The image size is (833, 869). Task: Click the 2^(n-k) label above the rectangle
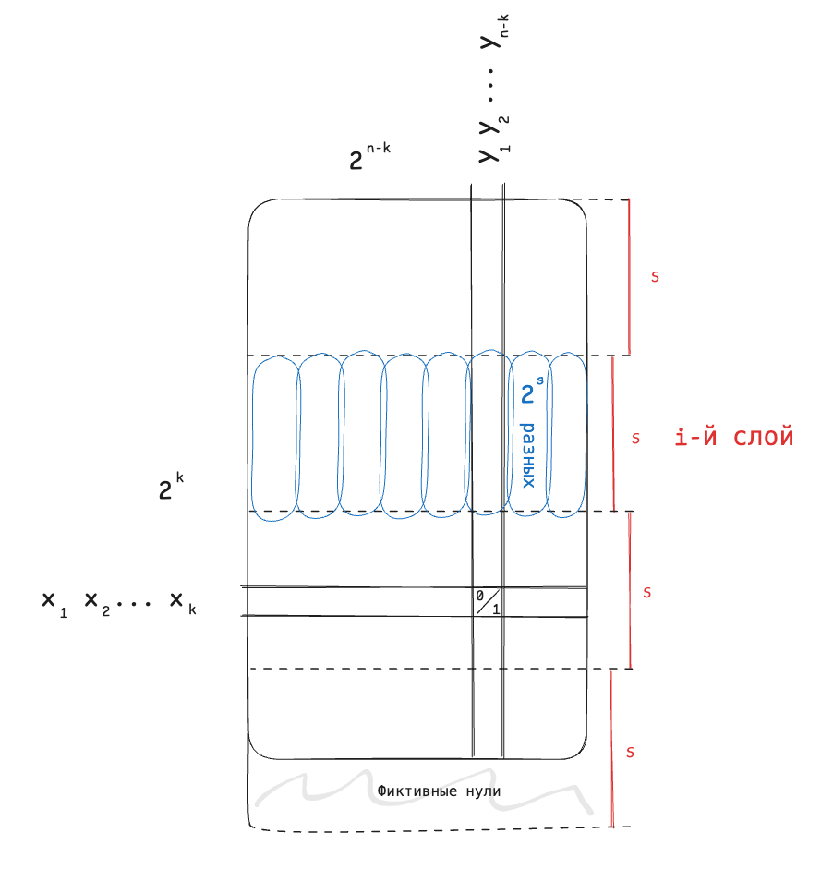point(369,156)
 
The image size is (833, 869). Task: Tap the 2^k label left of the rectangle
point(171,487)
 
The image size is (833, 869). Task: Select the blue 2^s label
point(532,390)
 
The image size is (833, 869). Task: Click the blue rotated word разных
point(528,455)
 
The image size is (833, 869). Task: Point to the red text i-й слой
point(734,437)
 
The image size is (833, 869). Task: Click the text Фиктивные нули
point(439,791)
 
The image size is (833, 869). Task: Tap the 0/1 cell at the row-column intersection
point(488,602)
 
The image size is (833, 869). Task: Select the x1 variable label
point(54,604)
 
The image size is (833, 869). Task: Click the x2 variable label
point(97,604)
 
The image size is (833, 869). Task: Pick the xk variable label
point(183,603)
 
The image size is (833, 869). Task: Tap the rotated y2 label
point(494,126)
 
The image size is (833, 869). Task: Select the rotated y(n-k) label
point(494,32)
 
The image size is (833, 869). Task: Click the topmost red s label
point(655,276)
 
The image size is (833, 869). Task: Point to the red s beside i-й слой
point(635,439)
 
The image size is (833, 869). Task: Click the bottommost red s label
point(630,752)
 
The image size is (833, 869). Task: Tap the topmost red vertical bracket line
point(629,277)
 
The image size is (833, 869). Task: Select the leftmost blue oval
point(275,438)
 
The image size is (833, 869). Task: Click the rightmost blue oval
point(566,434)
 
